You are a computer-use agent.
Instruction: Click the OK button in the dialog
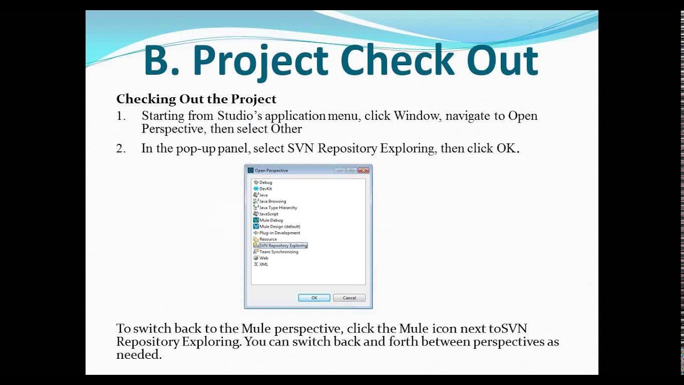(314, 298)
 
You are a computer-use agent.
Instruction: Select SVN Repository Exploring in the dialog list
(283, 245)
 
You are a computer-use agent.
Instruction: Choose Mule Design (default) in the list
(279, 227)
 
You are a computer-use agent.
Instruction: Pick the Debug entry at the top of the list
(265, 182)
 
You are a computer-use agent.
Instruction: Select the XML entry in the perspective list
(263, 264)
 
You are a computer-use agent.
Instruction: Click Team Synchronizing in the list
(278, 252)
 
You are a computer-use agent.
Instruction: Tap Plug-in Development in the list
(279, 233)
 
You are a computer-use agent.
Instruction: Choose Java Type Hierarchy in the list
(278, 207)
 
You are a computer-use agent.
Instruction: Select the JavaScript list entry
(268, 214)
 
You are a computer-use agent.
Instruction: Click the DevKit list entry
(266, 189)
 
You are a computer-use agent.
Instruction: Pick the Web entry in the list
(263, 258)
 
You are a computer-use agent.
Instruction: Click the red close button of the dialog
(363, 171)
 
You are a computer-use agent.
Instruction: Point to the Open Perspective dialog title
(271, 171)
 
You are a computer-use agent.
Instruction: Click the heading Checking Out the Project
(196, 99)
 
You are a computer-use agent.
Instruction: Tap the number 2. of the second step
(121, 149)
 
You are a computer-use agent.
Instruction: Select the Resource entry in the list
(268, 239)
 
